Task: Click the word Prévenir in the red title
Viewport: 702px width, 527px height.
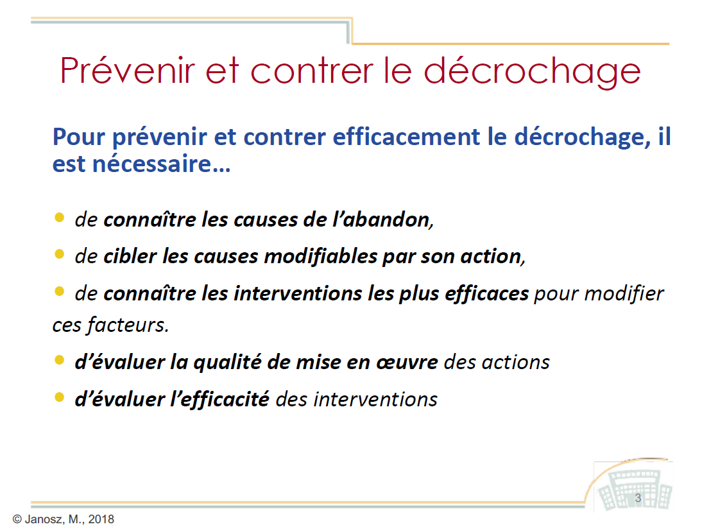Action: point(128,71)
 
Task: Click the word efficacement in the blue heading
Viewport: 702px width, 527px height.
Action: point(406,137)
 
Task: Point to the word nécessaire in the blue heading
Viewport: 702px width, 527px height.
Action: point(152,164)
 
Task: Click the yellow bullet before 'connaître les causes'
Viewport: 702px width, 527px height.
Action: point(59,218)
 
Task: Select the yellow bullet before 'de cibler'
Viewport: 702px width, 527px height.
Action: point(59,254)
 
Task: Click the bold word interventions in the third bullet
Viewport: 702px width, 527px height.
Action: point(298,294)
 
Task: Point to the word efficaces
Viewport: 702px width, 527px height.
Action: point(486,294)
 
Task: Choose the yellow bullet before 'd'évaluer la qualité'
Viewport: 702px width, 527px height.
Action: point(59,360)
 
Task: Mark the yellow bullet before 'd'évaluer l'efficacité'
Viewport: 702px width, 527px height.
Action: point(59,397)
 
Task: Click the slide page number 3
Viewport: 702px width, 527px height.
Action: point(638,498)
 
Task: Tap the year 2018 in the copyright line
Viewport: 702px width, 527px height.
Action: point(101,519)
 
